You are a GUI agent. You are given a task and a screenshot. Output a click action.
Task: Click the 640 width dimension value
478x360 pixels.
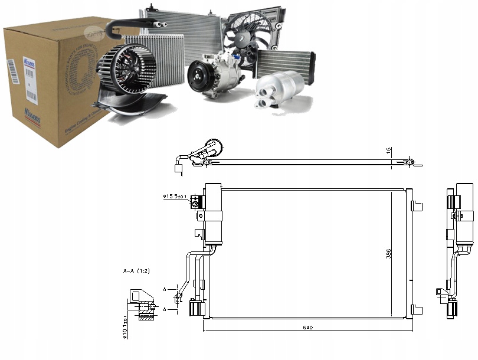(x=308, y=327)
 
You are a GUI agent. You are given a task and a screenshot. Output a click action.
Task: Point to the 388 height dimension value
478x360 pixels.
(x=388, y=253)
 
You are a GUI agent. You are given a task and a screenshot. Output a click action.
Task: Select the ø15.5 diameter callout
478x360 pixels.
(x=175, y=197)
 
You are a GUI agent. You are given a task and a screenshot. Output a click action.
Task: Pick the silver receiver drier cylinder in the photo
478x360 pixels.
(x=280, y=89)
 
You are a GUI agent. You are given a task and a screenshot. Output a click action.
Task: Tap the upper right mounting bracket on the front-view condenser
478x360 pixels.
(x=417, y=205)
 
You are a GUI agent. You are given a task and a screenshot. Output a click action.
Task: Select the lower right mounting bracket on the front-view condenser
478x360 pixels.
(x=417, y=309)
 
